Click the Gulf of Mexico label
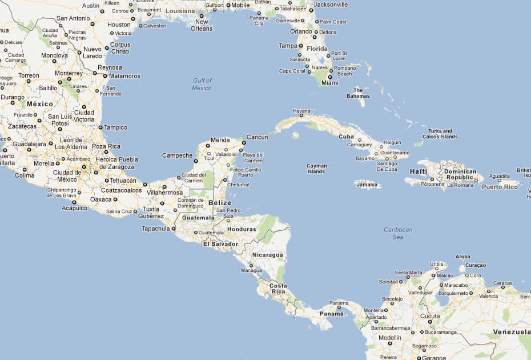pos(202,84)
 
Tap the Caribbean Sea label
pos(397,233)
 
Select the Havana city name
pos(301,111)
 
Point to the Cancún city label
pos(257,137)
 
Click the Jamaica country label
pos(367,185)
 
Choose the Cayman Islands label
pos(316,169)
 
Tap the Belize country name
pos(220,203)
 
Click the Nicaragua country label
pos(268,255)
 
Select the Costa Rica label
pos(278,289)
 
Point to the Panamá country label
pos(332,314)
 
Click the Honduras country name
pos(242,229)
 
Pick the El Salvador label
pos(220,244)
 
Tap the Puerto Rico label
pos(500,187)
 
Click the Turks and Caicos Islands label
pos(440,134)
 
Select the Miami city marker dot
pos(330,77)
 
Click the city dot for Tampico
pos(100,127)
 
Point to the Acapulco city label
pos(75,208)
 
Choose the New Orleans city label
pos(202,25)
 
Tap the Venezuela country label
pos(512,332)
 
